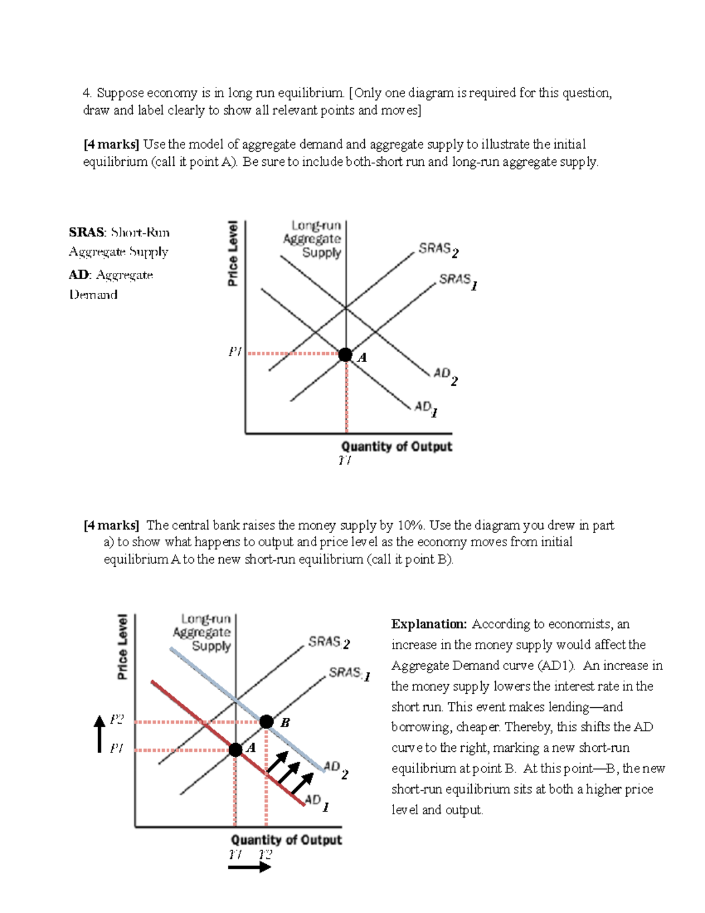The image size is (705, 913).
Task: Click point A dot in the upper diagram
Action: (345, 355)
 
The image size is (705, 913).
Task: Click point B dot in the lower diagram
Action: (266, 721)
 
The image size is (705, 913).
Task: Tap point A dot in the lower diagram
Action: (236, 750)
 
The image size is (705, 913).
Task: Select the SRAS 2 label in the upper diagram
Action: (438, 250)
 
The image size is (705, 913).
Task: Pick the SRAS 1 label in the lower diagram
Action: (349, 673)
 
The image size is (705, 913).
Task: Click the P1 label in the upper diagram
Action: (235, 352)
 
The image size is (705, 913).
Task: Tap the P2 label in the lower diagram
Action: (117, 720)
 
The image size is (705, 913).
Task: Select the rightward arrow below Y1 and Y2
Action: (249, 867)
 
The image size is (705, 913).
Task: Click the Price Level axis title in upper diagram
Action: (233, 253)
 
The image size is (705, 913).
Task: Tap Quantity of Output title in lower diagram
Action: (286, 840)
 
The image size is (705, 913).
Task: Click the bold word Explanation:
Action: (429, 624)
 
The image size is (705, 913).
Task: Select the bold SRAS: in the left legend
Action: (87, 232)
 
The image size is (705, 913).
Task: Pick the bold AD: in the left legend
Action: (80, 275)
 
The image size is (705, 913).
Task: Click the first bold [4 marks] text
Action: (111, 145)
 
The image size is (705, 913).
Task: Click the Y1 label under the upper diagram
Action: (345, 460)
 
